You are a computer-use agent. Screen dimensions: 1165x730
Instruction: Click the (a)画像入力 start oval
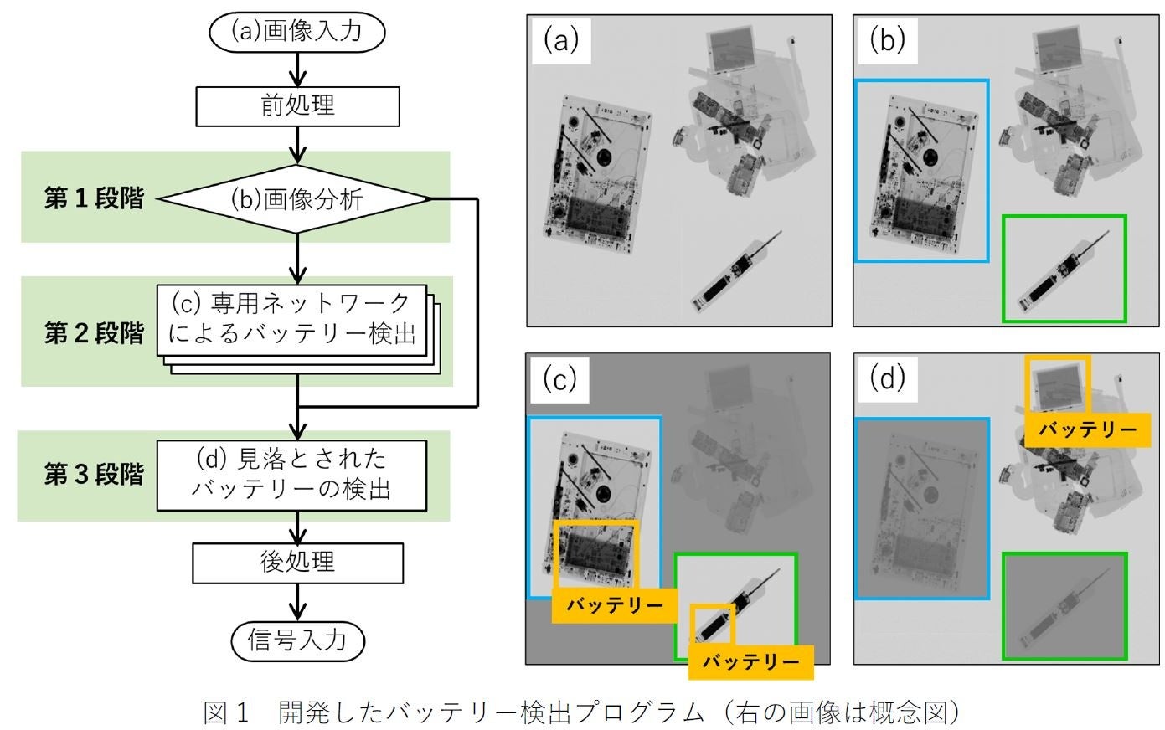click(297, 32)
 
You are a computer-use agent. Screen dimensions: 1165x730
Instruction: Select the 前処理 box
click(297, 106)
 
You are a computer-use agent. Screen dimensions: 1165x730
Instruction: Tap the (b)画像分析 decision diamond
click(294, 199)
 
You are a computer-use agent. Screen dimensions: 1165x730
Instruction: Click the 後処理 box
click(297, 563)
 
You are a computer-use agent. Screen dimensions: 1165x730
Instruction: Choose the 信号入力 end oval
click(297, 640)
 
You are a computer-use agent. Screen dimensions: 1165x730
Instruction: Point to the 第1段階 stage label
click(94, 198)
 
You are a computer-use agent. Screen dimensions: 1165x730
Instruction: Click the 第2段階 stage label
click(94, 333)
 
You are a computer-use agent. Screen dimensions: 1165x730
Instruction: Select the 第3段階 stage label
click(94, 474)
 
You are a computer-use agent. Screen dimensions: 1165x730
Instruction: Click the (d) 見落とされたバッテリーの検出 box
click(291, 476)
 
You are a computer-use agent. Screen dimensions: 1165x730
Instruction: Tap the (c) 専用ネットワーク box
click(291, 321)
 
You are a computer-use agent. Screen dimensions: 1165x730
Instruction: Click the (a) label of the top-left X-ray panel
click(561, 41)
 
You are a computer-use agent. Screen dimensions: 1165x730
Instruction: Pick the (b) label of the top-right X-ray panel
click(888, 41)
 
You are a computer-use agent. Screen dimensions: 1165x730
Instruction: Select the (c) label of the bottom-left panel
click(559, 380)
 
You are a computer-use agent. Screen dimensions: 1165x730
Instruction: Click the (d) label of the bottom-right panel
click(888, 379)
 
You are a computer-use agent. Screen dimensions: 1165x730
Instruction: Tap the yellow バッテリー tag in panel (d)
click(1087, 430)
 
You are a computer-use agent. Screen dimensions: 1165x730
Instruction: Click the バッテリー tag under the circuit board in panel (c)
click(614, 605)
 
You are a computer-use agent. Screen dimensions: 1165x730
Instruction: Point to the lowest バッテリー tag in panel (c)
click(751, 662)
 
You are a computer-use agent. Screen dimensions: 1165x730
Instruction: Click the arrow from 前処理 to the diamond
click(297, 145)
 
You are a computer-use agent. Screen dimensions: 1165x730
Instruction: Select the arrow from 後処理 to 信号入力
click(297, 602)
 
